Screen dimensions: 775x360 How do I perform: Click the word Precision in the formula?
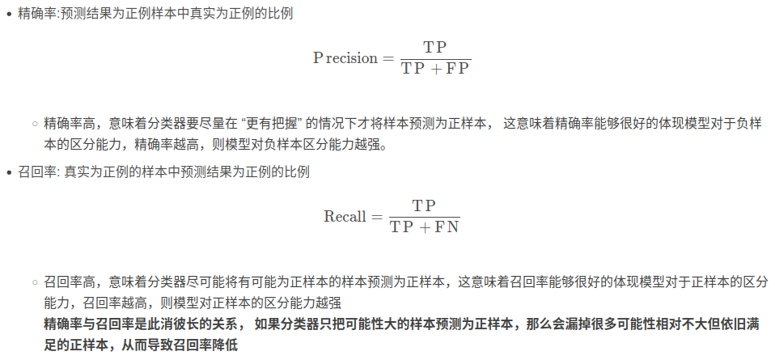(345, 58)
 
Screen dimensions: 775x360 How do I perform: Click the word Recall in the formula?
(345, 216)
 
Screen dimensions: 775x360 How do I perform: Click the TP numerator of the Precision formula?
(435, 47)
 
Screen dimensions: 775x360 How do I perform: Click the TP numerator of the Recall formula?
(425, 205)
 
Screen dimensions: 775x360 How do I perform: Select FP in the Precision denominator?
(458, 70)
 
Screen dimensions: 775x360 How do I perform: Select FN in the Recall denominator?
(447, 227)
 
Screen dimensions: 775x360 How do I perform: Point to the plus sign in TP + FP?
(436, 70)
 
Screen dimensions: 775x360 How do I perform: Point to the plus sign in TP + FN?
(426, 227)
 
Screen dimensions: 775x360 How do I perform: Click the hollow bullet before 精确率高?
(35, 124)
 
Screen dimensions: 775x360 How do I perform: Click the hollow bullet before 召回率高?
(35, 282)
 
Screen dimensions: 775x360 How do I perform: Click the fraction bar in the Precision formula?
(435, 58)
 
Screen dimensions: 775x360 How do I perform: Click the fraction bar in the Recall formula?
(425, 216)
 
